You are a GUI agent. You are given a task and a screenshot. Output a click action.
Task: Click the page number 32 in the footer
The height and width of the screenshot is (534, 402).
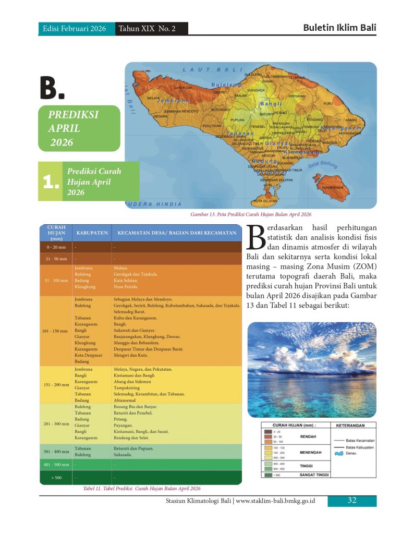[352, 501]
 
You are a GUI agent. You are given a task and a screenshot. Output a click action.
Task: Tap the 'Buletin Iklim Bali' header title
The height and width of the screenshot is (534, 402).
[339, 28]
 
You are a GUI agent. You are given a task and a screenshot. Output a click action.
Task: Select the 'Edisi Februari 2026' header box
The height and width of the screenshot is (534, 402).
[76, 29]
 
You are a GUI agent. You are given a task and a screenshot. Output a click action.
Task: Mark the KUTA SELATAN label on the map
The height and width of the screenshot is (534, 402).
[265, 201]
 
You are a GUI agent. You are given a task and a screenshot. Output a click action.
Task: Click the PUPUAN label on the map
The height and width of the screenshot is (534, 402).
[237, 120]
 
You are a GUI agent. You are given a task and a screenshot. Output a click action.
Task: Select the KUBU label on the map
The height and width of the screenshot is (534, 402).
[328, 103]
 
